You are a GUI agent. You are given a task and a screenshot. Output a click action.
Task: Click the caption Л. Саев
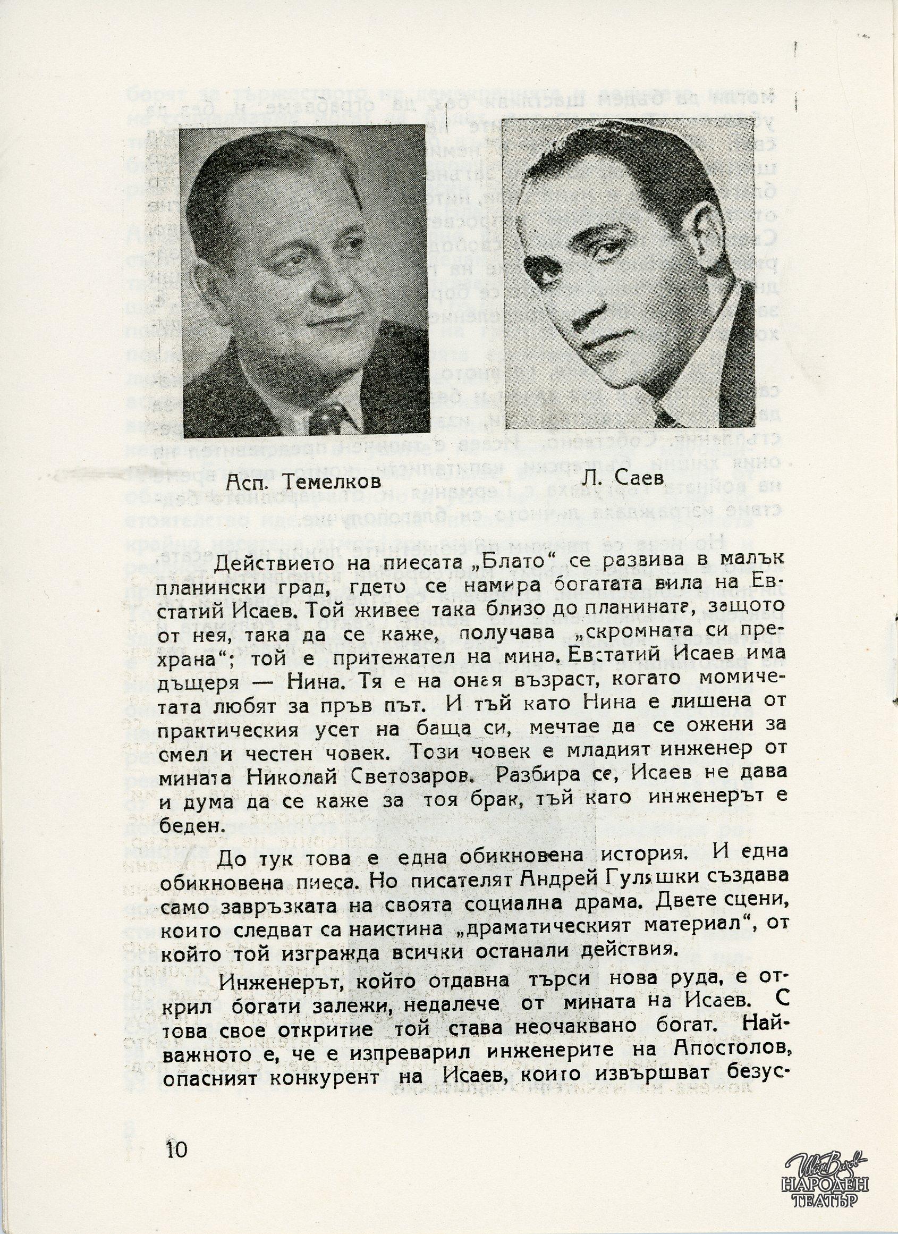(x=627, y=479)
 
